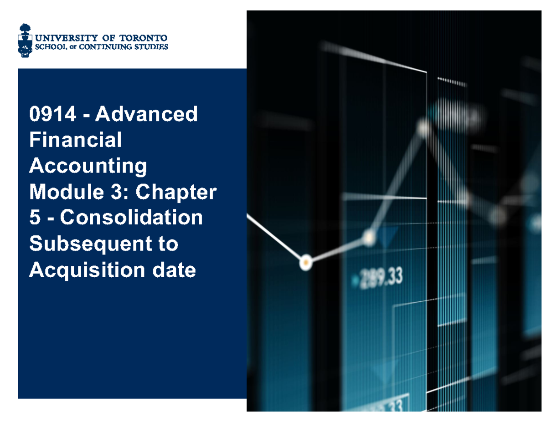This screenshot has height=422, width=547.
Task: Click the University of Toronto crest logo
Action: [25, 41]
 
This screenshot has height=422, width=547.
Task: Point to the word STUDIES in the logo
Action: [150, 46]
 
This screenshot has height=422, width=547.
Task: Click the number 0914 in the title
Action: [47, 114]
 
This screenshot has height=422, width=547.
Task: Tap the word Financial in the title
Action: [75, 140]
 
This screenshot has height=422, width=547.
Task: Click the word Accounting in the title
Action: [88, 166]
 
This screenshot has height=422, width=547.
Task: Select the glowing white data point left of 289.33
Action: [305, 262]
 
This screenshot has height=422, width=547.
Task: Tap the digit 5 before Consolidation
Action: [35, 218]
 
